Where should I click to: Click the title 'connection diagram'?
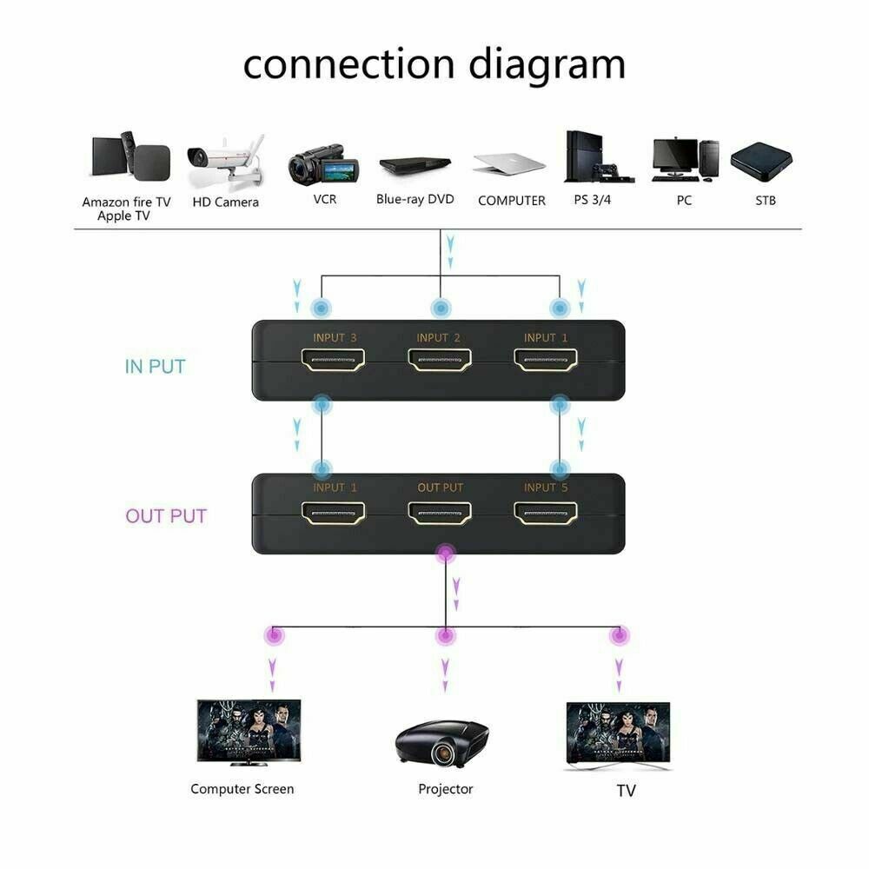click(434, 65)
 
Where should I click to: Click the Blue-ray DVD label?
click(415, 199)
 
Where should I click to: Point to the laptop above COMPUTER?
click(510, 163)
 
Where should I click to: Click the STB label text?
click(765, 201)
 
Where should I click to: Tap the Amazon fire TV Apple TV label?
click(127, 209)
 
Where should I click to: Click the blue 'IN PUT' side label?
click(155, 367)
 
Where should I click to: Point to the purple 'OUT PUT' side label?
click(166, 516)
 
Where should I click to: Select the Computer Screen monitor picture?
click(248, 733)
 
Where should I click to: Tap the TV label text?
click(626, 791)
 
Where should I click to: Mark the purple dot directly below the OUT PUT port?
click(446, 553)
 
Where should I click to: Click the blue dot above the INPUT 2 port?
click(441, 308)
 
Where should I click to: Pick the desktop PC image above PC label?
click(685, 160)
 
